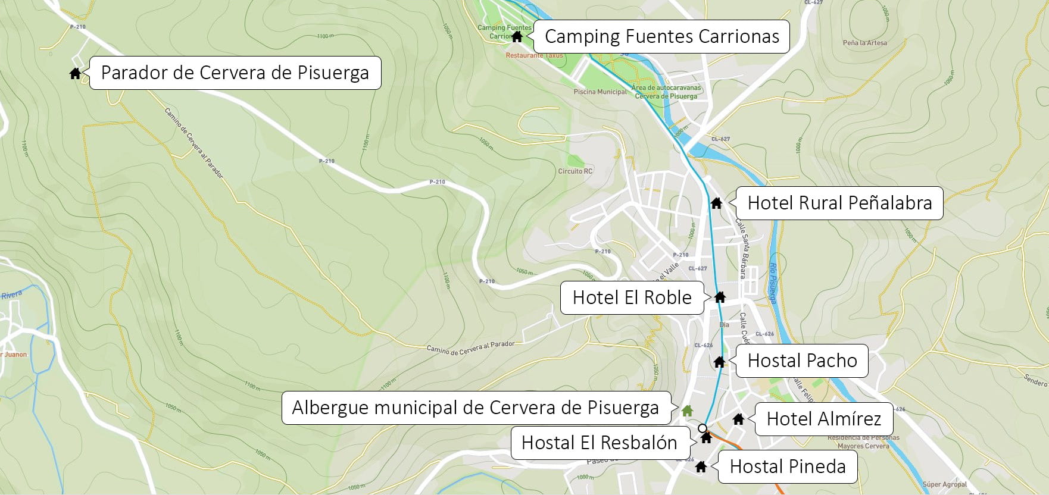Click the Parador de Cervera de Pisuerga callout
[x=235, y=73]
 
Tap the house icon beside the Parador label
[x=75, y=73]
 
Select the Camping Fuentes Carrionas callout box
[x=661, y=36]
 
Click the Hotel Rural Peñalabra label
[x=839, y=203]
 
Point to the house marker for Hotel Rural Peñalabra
[x=716, y=203]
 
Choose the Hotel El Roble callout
[x=632, y=297]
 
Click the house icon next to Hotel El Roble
[x=720, y=297]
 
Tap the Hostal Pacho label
[x=801, y=361]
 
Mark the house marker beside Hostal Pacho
[x=719, y=361]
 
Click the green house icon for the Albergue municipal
[x=687, y=411]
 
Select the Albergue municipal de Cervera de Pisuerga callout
[x=476, y=408]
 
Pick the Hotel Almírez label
[x=823, y=419]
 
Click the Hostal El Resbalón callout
[x=599, y=443]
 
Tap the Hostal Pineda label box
[x=787, y=466]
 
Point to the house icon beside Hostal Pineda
[x=701, y=466]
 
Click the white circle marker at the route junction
[x=703, y=428]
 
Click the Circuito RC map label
[x=575, y=171]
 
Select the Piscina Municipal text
[x=600, y=92]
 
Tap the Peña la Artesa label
[x=864, y=43]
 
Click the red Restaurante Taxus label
[x=534, y=55]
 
